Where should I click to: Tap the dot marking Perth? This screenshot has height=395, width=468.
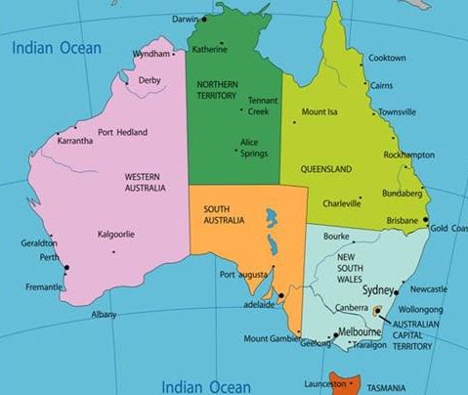(x=65, y=267)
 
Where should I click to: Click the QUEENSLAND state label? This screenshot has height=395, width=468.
(x=327, y=169)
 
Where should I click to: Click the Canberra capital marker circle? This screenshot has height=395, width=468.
(x=377, y=310)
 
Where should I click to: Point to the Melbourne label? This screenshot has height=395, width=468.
(x=360, y=332)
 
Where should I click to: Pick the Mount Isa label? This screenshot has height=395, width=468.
(x=319, y=111)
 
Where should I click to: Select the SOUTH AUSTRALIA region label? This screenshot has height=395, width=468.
(x=223, y=214)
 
